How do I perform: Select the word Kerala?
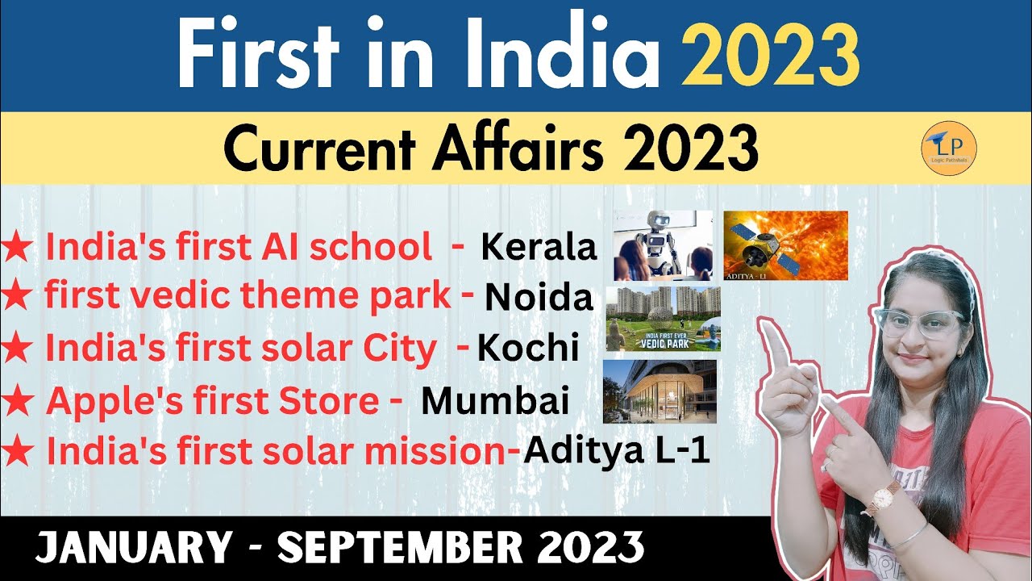[539, 247]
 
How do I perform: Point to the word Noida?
[539, 299]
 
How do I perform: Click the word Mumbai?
[495, 401]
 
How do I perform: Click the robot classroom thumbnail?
[663, 245]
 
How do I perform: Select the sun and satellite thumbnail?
[785, 245]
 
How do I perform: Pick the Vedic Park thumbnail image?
[663, 319]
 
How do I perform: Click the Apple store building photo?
[660, 391]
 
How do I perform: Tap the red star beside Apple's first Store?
[18, 403]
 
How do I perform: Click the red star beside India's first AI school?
[18, 249]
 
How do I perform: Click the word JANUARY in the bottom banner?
[133, 550]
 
